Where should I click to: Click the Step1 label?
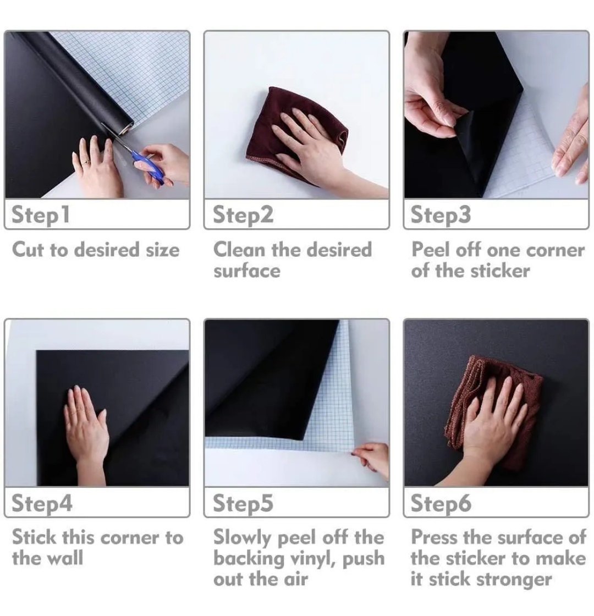41,215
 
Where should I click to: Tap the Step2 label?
243,215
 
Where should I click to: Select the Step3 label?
441,215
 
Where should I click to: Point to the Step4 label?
42,503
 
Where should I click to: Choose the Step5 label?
243,503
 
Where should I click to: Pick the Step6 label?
441,503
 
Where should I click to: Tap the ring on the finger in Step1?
86,162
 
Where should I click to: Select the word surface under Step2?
247,271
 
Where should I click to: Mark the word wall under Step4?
65,558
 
